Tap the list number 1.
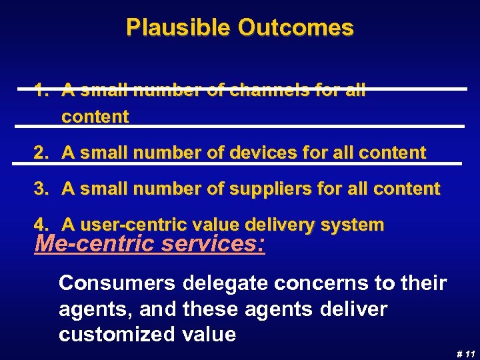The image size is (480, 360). coord(41,91)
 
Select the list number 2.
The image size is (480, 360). coord(41,153)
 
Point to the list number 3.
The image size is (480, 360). coord(41,189)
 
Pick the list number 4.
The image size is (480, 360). coord(41,225)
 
